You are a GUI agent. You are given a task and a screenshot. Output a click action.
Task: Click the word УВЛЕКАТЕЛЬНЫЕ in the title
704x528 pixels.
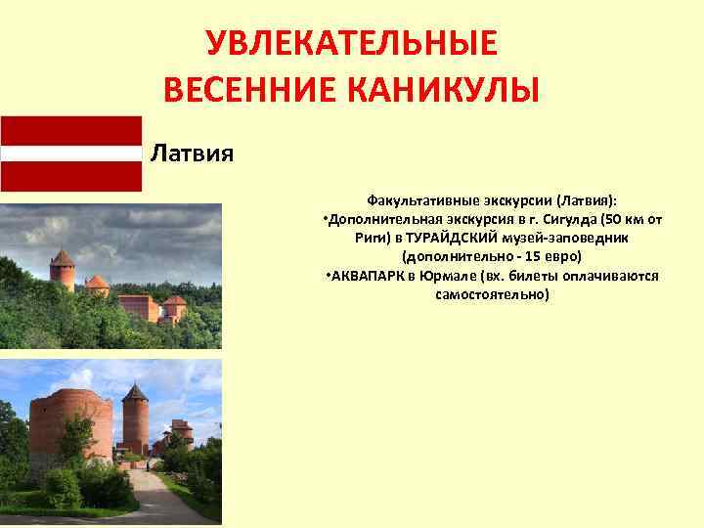coord(351,44)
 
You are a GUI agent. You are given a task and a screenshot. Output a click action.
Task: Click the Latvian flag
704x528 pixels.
coord(70,153)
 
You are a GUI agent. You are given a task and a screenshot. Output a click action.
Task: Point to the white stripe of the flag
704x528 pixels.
coord(70,153)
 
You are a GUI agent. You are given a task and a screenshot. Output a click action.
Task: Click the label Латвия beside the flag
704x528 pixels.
coord(191,154)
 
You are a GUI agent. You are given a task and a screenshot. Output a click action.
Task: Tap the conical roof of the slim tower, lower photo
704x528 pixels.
coord(135,393)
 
